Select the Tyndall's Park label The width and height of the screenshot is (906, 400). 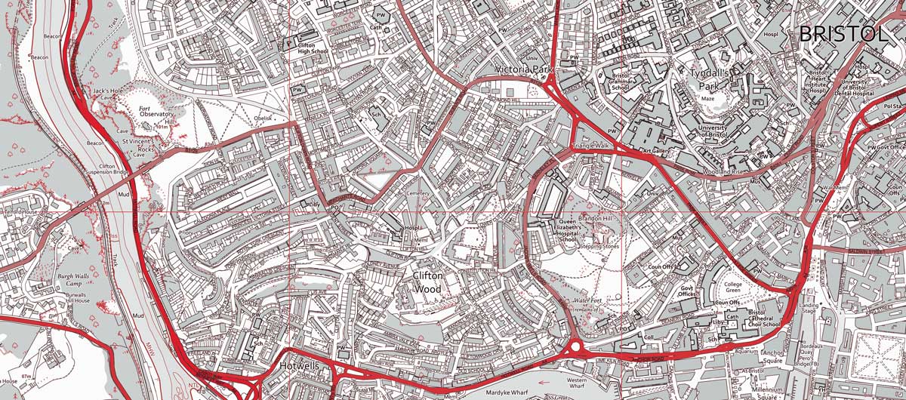[712, 79]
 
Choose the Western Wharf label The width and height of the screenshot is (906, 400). [576, 383]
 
